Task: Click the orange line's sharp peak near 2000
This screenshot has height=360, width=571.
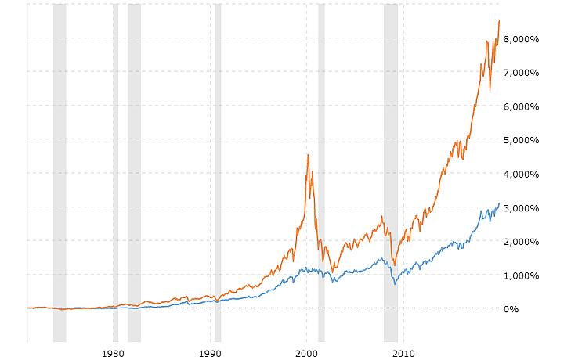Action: click(308, 155)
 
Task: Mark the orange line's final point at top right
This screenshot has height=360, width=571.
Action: click(500, 21)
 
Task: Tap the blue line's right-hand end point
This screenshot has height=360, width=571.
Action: click(500, 204)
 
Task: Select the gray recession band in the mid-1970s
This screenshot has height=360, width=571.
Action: click(60, 172)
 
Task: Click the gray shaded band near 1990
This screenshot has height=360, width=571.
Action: click(218, 172)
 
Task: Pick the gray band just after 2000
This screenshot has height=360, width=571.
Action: click(321, 172)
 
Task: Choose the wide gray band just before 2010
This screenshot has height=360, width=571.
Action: click(390, 172)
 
